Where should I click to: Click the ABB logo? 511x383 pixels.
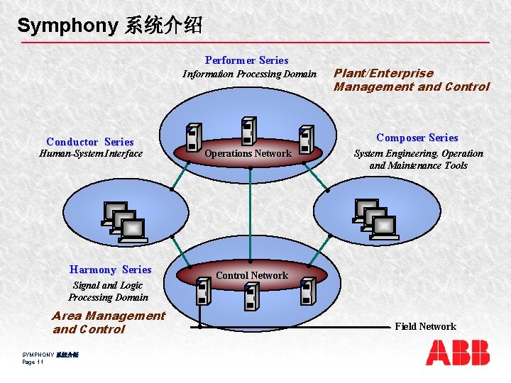pos(458,353)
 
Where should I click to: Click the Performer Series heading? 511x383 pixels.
pos(246,60)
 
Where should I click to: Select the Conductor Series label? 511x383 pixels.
pos(90,142)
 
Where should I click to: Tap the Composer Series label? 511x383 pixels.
pos(417,138)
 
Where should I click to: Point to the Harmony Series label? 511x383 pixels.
pos(111,270)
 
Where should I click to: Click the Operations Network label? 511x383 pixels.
pos(248,153)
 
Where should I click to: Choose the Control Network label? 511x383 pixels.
pos(252,275)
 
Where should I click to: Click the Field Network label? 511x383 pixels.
pos(425,326)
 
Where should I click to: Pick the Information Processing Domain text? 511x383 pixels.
pos(249,74)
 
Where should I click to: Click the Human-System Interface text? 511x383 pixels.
pos(91,154)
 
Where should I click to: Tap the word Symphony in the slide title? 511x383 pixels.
pos(67,26)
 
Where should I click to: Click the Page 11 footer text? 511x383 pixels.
pos(33,362)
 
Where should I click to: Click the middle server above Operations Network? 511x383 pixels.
pos(248,131)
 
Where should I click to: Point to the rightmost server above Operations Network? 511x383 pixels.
pos(306,140)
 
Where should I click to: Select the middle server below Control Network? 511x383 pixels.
pos(251,296)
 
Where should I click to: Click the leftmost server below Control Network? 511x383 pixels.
pos(202,291)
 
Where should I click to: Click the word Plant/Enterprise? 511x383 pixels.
pos(383,73)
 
